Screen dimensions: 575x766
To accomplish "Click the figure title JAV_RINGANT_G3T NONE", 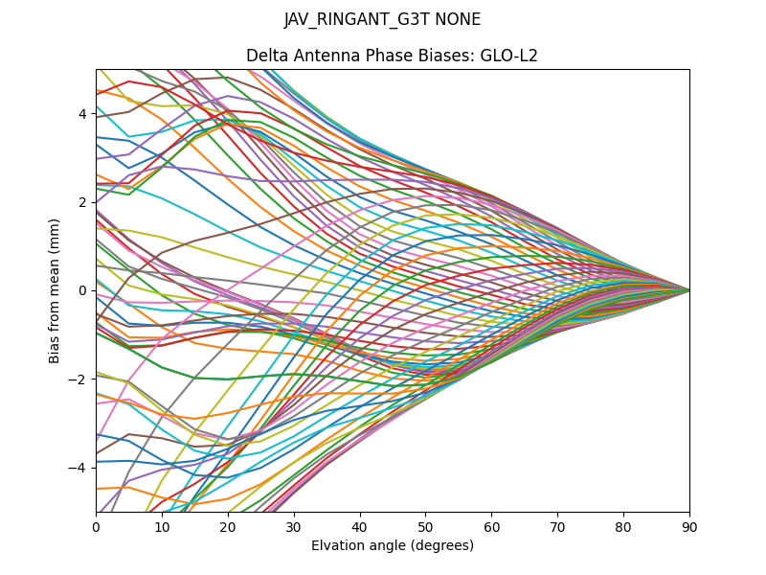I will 382,20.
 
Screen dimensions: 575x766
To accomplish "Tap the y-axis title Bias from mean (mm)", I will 56,289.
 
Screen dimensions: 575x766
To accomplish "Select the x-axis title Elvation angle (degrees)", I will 392,546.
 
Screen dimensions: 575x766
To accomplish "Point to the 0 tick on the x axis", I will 96,526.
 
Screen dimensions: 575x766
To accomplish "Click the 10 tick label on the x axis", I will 162,526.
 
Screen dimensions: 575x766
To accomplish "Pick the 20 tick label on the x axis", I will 228,526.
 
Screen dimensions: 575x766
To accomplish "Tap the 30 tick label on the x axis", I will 294,526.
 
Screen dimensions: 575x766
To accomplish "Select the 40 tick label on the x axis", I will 360,526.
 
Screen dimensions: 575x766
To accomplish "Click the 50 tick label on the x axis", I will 425,526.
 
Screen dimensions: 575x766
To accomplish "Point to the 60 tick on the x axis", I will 491,526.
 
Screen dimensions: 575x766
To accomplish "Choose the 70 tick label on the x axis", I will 557,526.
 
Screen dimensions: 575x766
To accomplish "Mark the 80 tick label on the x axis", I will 623,526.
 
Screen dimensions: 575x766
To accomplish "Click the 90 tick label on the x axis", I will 689,526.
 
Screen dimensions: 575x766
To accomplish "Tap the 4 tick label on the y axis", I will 82,114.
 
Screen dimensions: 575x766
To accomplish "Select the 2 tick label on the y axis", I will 82,202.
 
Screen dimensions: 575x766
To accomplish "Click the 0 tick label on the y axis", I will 82,290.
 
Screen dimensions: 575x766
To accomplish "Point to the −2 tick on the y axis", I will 79,379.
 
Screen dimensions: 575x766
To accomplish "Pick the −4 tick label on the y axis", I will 79,468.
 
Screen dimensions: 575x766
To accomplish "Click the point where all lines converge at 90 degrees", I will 689,290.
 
